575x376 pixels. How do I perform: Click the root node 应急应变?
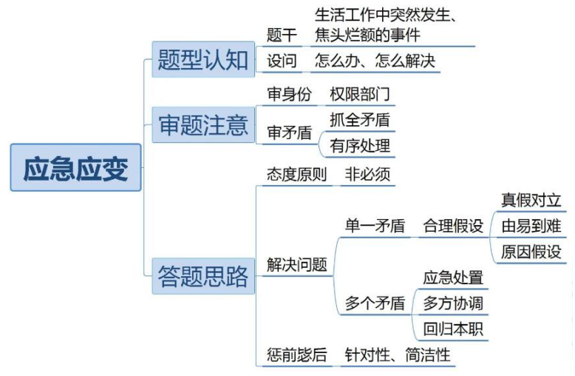(75, 168)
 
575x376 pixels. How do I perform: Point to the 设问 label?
(282, 61)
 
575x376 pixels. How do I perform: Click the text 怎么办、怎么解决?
(375, 61)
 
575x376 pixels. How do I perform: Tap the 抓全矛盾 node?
(359, 119)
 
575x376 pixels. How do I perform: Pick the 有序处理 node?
(359, 146)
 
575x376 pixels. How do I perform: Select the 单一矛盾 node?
(375, 226)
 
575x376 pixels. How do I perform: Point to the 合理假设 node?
(453, 226)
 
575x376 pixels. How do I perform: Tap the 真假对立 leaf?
(531, 200)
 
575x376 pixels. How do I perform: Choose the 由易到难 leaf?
(531, 226)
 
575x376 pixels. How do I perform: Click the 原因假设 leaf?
(531, 252)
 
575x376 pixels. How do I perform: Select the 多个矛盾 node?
(375, 303)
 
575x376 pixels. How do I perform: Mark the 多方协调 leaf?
(453, 303)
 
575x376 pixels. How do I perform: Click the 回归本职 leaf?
(453, 329)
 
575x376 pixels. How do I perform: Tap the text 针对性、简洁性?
(397, 355)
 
